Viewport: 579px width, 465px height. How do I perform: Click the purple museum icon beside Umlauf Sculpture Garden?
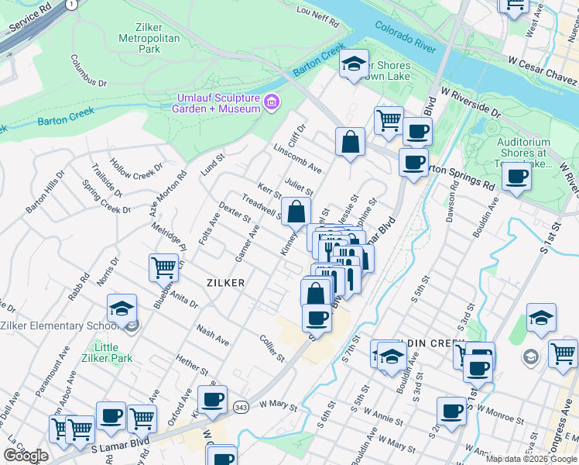click(x=271, y=102)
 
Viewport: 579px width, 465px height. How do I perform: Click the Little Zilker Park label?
click(x=111, y=353)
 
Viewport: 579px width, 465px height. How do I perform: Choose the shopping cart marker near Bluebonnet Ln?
click(x=163, y=269)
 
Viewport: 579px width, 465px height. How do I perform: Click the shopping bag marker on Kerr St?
click(x=296, y=212)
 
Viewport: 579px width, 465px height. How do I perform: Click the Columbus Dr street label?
click(x=88, y=71)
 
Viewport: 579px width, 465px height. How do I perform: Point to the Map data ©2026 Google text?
click(x=531, y=459)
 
